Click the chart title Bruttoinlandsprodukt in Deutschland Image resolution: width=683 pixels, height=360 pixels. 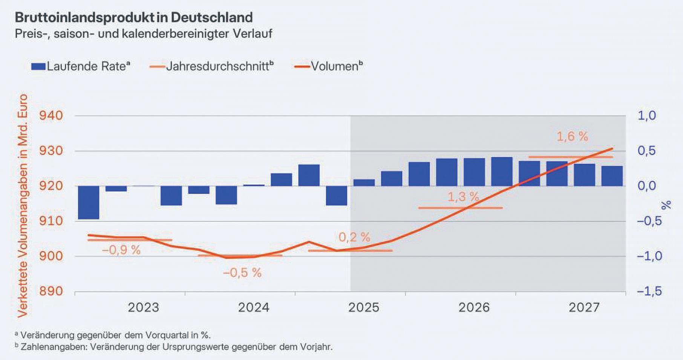click(134, 17)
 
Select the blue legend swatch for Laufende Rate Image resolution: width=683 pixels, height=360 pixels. click(38, 67)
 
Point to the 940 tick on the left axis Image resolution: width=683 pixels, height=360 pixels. click(51, 116)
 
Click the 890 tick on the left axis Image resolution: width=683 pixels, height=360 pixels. click(51, 291)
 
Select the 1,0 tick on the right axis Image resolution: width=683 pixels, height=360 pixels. click(647, 116)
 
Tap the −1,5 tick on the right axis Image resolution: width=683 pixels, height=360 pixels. click(649, 291)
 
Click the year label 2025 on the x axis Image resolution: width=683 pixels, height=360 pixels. click(363, 308)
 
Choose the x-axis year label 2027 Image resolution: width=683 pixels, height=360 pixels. click(584, 308)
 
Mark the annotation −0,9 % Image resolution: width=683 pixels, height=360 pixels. click(121, 250)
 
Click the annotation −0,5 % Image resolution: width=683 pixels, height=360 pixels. click(242, 273)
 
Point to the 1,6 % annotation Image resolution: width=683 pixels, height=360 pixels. click(572, 136)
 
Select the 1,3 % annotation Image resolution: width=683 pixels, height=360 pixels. click(463, 197)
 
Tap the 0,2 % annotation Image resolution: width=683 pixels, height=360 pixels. click(354, 237)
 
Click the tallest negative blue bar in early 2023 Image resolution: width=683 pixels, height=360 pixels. click(89, 202)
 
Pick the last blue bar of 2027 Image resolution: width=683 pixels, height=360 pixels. click(612, 176)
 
